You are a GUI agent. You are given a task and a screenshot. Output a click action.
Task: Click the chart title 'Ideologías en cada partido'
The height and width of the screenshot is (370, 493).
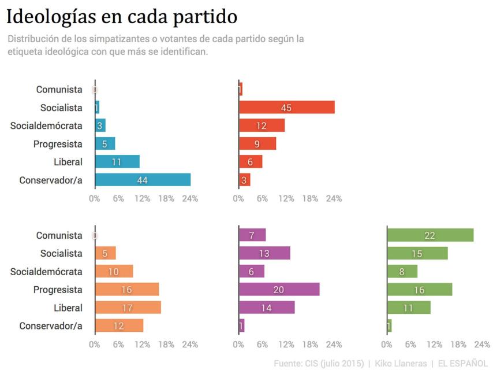122,17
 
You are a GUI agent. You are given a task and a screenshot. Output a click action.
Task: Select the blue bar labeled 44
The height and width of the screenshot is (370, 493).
143,180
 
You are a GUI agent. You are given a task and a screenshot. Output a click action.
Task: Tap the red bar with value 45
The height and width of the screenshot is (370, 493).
286,107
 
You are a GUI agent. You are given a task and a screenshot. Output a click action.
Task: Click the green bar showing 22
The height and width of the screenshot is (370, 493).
430,235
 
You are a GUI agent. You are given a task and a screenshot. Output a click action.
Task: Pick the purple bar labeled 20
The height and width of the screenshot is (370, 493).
279,290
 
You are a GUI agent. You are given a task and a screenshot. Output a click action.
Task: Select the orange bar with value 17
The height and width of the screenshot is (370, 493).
128,308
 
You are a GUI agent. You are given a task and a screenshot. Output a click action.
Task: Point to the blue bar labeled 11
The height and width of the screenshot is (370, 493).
117,162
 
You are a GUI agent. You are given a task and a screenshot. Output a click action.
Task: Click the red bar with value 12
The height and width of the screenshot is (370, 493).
262,125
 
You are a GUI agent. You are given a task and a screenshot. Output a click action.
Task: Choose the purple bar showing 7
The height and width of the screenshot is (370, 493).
252,235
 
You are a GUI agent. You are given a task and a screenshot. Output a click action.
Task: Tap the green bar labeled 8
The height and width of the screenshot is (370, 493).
402,272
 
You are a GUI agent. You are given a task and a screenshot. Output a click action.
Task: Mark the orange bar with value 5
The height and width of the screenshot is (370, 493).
105,253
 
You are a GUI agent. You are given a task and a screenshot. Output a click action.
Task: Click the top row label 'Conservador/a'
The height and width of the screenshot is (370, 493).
51,180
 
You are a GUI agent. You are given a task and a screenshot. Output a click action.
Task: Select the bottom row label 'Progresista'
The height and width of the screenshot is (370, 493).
58,290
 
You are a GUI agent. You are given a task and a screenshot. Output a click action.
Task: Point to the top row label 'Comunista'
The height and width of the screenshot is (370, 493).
59,90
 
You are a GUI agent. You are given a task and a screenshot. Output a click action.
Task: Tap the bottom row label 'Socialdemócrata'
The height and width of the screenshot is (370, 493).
46,272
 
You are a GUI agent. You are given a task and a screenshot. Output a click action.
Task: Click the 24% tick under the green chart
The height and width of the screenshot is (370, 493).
481,345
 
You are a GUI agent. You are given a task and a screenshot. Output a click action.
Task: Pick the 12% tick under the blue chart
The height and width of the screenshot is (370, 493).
142,199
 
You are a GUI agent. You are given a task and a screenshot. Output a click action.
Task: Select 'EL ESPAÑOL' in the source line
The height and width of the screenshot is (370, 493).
462,363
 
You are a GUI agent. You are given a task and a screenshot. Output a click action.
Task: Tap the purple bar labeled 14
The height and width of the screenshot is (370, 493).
267,308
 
